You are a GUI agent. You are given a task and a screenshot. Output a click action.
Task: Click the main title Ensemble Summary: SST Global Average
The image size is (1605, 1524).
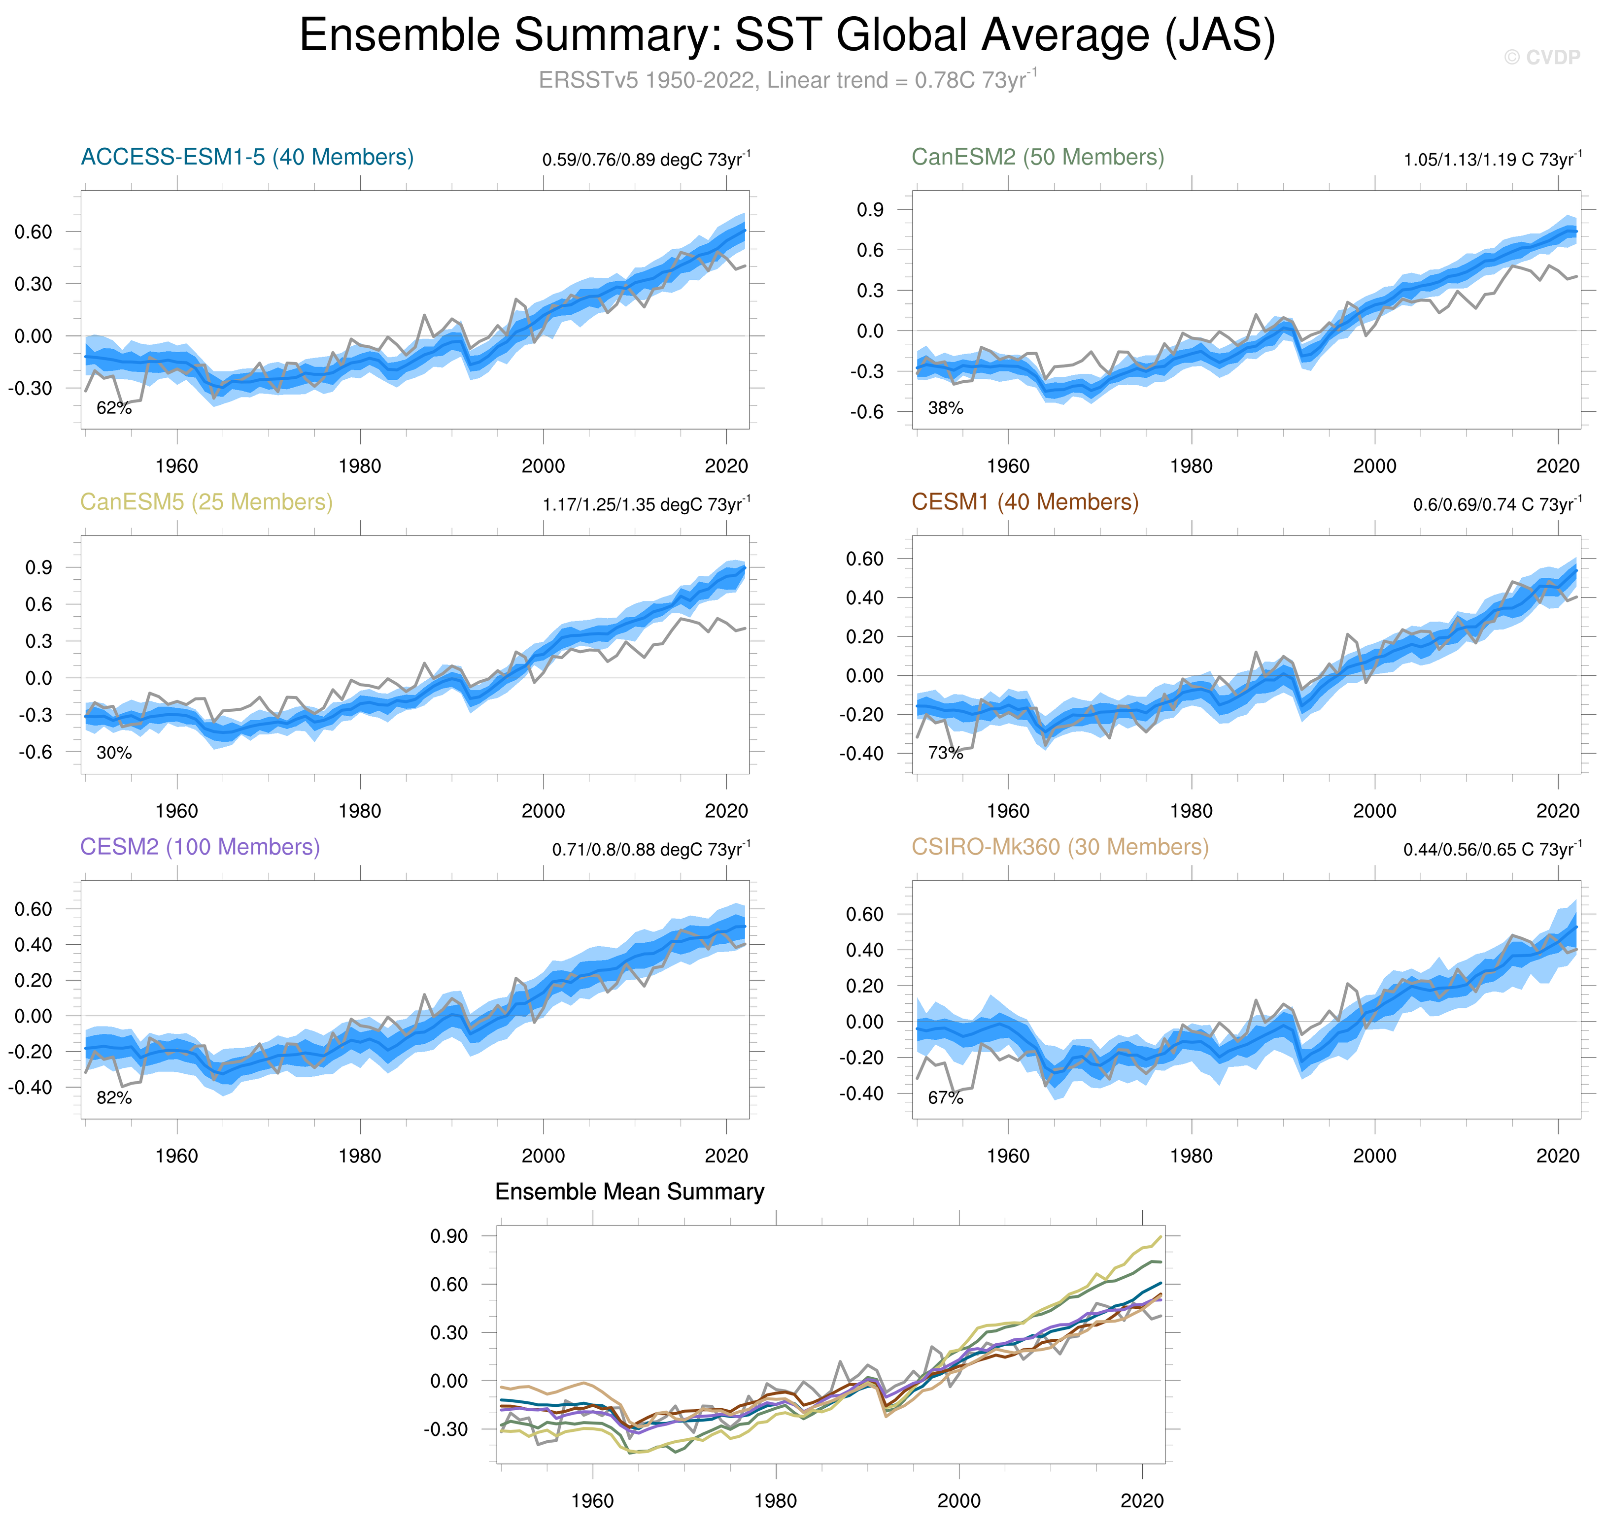[x=786, y=36]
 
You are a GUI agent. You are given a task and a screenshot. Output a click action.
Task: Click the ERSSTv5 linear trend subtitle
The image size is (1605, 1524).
[x=786, y=80]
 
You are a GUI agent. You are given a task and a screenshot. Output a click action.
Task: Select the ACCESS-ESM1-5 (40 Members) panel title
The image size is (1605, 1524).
[x=247, y=157]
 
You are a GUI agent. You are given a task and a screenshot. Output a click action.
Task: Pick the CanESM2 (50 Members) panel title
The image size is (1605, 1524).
[x=1037, y=157]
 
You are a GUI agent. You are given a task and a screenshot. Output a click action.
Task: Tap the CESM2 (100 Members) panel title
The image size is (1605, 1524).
[x=200, y=847]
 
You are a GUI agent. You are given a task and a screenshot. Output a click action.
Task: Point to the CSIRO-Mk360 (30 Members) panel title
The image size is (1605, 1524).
[x=1059, y=847]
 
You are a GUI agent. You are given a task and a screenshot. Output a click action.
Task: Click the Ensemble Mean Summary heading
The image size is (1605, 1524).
[x=629, y=1192]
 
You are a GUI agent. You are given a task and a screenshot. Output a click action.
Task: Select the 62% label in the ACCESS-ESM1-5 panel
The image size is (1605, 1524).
[x=114, y=408]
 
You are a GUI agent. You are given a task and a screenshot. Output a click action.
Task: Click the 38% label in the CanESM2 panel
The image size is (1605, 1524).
[x=945, y=408]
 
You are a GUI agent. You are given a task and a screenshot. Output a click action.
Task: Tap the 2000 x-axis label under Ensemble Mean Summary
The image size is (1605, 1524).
[x=959, y=1500]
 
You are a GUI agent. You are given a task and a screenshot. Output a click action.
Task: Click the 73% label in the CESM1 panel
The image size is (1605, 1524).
[x=945, y=753]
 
